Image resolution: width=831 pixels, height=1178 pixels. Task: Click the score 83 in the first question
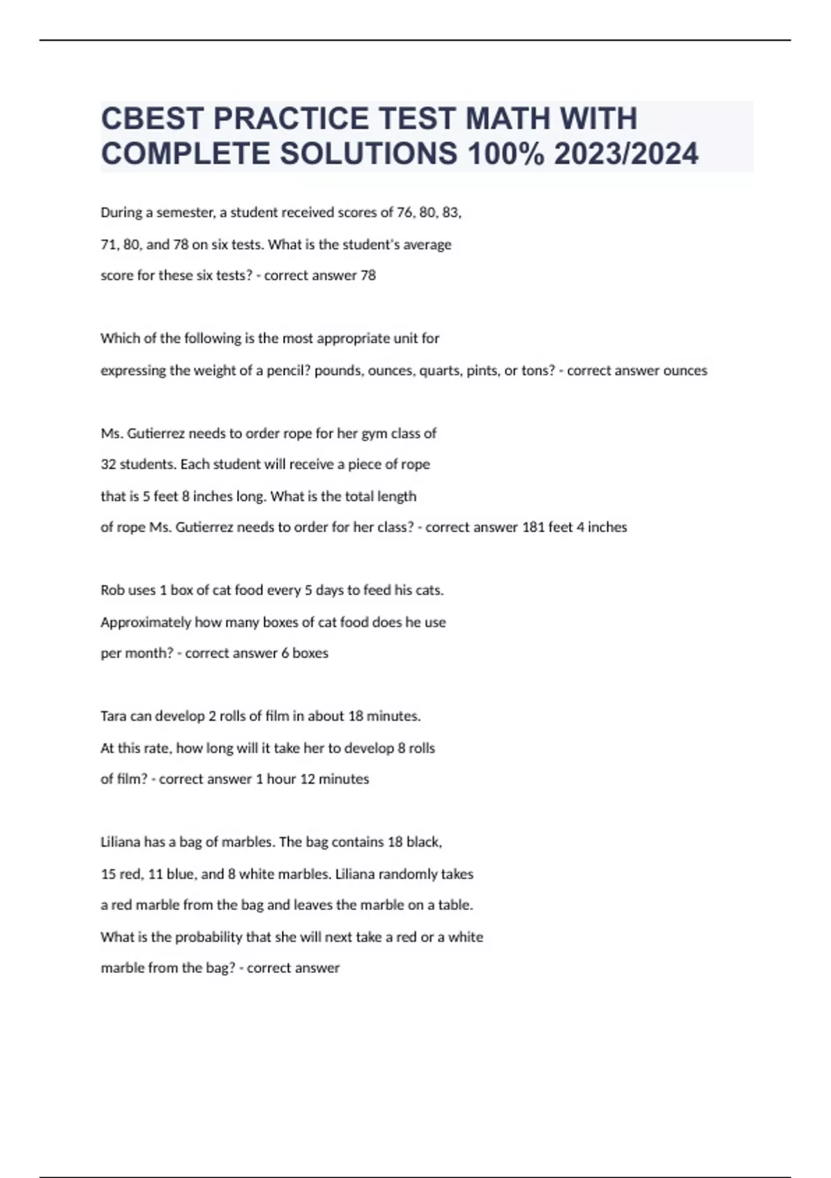(x=451, y=213)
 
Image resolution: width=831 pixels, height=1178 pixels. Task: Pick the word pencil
(x=289, y=371)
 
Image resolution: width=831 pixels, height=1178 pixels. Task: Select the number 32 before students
(x=108, y=464)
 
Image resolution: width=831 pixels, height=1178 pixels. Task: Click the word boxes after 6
(x=310, y=653)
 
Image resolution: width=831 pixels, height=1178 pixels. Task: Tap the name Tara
(x=113, y=717)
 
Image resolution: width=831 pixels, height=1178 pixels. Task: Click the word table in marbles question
(x=455, y=905)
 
